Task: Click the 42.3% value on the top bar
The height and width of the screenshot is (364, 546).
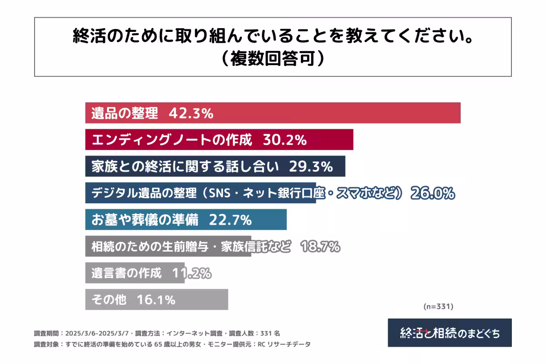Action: (191, 114)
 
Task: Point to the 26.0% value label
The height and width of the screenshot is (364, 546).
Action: (432, 193)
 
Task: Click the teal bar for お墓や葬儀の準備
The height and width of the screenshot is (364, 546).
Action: (186, 220)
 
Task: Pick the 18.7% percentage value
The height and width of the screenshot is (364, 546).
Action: (320, 247)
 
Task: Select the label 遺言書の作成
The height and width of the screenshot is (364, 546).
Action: (126, 273)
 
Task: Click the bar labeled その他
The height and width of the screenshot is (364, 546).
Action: (156, 299)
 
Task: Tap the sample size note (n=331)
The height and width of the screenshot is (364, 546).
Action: (438, 307)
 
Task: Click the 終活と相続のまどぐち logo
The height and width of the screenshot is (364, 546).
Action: (450, 333)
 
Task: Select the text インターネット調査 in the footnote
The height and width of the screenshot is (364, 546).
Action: (192, 333)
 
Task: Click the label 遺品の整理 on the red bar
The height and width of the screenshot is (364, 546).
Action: (125, 114)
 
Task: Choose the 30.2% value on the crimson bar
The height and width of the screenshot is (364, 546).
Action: (284, 140)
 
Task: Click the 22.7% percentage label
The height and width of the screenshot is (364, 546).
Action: (230, 220)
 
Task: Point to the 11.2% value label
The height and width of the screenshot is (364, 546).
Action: (192, 273)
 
